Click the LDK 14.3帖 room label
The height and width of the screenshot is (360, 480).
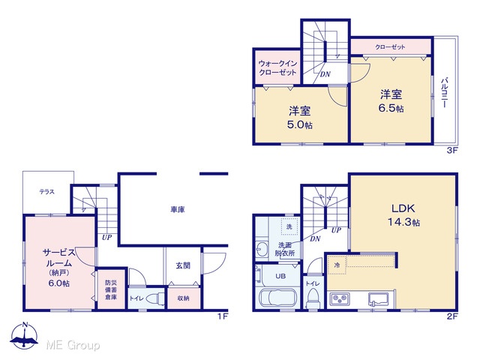point(403,215)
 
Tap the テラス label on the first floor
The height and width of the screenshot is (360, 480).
point(46,192)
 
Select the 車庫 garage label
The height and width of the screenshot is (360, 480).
point(178,210)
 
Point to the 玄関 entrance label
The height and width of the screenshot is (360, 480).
point(183,265)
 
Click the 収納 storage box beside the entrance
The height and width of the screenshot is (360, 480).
point(184,298)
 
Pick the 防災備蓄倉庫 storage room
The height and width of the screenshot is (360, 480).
point(111,289)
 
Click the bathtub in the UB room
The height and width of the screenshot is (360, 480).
point(278,297)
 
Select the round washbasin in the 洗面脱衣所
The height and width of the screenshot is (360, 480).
point(261,249)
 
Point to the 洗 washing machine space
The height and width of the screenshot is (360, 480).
point(289,226)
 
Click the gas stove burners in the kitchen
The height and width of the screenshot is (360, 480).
point(340,298)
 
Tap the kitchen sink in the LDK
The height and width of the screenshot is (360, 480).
point(378,299)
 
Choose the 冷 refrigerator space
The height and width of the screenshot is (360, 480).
point(337,265)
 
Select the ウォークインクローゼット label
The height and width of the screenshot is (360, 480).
point(277,68)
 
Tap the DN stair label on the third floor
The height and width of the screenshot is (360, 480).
point(325,74)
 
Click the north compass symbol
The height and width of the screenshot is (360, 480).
point(25,335)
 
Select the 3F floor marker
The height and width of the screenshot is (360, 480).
point(451,151)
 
